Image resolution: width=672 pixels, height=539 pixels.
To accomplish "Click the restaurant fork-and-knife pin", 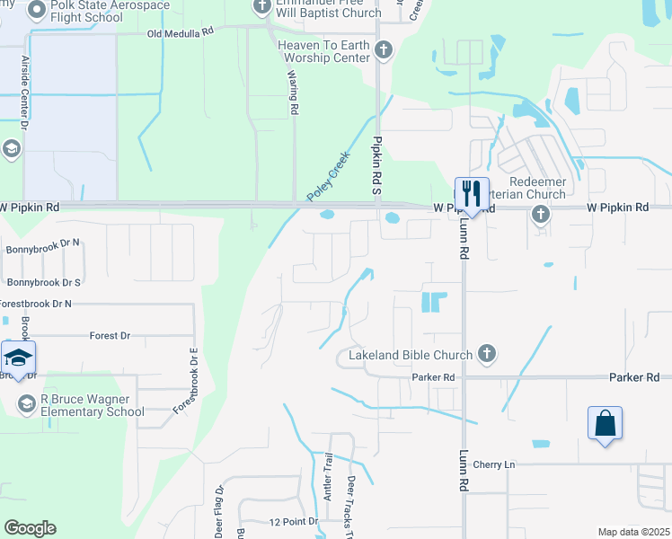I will [x=472, y=193].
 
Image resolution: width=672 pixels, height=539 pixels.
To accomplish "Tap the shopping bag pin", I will [x=606, y=423].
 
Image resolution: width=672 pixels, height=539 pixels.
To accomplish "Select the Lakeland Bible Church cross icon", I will [x=487, y=354].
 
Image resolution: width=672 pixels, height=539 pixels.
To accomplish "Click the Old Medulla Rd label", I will [x=181, y=31].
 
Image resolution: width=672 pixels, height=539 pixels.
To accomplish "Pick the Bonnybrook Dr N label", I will [x=43, y=243].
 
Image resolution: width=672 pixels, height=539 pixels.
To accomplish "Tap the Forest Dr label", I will [x=110, y=336].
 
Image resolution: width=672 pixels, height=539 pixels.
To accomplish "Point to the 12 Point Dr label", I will [x=294, y=522].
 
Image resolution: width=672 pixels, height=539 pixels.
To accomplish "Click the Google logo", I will [x=30, y=528].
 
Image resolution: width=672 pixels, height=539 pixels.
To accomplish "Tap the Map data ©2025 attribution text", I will [x=632, y=532].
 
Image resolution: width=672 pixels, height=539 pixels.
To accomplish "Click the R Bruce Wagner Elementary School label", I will [x=93, y=405].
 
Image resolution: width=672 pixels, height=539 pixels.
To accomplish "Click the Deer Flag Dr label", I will [x=219, y=512].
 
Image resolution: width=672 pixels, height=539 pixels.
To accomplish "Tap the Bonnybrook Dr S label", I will [x=44, y=282].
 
